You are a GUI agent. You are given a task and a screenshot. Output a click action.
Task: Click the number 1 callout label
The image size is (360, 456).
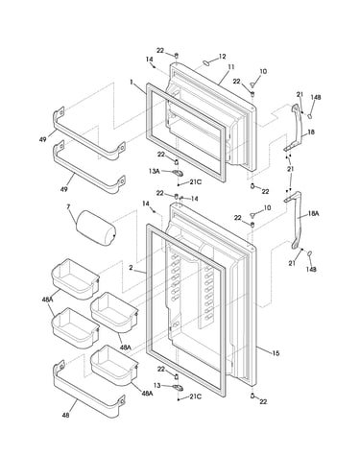(x=132, y=82)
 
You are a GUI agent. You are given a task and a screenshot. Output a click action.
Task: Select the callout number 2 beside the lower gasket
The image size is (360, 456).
(x=131, y=268)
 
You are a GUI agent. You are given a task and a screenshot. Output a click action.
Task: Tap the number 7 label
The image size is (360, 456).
(x=68, y=206)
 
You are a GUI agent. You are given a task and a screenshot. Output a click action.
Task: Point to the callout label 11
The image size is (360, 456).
(x=231, y=67)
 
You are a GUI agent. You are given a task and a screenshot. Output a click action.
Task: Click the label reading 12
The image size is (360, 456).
(x=222, y=57)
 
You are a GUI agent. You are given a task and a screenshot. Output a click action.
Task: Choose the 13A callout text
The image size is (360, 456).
(x=154, y=171)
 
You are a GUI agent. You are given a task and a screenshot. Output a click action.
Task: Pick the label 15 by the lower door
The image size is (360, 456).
(x=276, y=353)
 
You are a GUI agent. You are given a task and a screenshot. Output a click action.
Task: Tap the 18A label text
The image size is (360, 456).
(x=314, y=213)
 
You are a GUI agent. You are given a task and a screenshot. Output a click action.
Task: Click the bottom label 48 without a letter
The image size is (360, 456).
(x=65, y=416)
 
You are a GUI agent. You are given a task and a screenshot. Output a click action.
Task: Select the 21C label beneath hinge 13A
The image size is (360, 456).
(x=196, y=181)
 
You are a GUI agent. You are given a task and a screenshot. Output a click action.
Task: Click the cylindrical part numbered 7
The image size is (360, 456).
(x=96, y=228)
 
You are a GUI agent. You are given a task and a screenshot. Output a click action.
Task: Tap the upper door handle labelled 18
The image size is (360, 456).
(x=299, y=128)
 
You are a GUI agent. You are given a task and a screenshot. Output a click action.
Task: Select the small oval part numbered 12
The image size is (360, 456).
(x=206, y=62)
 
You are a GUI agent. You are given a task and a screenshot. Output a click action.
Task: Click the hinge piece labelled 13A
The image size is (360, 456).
(x=178, y=173)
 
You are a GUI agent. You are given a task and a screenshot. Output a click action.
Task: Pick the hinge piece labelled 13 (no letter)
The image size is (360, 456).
(x=178, y=388)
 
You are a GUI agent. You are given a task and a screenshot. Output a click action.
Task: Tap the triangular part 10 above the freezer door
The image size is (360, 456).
(x=253, y=84)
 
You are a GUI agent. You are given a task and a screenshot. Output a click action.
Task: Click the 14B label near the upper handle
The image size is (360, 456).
(x=316, y=97)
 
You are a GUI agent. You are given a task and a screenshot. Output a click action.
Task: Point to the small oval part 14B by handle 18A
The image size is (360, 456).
(x=309, y=253)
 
